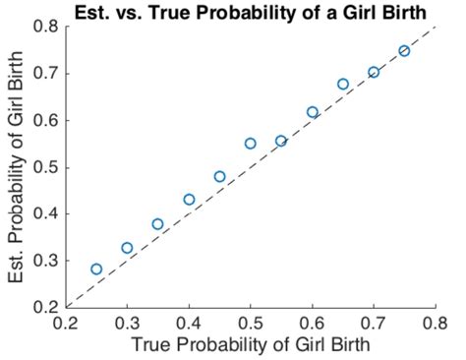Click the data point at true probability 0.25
coord(96,269)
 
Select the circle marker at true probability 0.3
coord(127,248)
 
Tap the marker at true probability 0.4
coord(189,200)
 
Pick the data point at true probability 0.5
coord(251,143)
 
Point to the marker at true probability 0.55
coord(281,141)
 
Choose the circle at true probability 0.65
coord(343,84)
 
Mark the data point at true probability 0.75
coord(404,50)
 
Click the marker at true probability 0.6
coord(313,112)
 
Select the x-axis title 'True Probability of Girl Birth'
coord(250,344)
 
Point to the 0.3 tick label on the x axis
coord(127,322)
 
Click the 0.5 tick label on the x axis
coord(251,322)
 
